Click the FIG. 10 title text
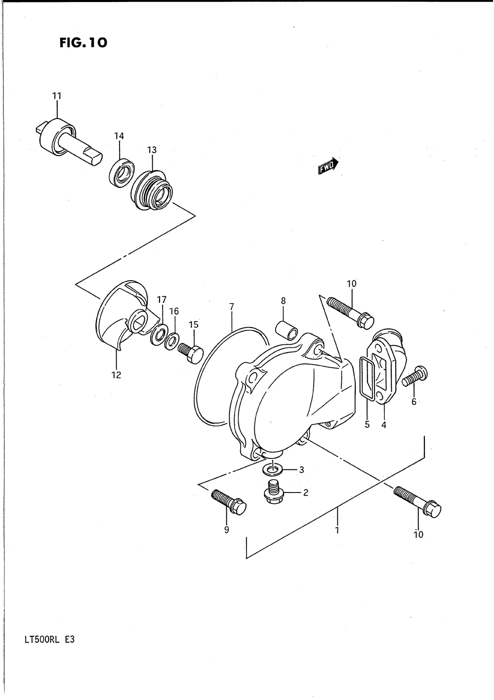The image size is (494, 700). (x=83, y=43)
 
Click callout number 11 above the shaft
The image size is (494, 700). (x=57, y=96)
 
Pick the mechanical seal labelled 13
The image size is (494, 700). (x=152, y=192)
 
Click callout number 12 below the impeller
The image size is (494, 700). (x=116, y=374)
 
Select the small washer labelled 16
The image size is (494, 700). (x=171, y=342)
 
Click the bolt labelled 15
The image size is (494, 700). (x=191, y=353)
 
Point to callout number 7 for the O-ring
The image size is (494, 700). (x=232, y=307)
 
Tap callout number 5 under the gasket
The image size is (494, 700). (x=367, y=424)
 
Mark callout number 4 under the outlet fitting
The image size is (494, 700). (x=384, y=425)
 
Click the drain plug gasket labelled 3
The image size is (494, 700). (x=273, y=471)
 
